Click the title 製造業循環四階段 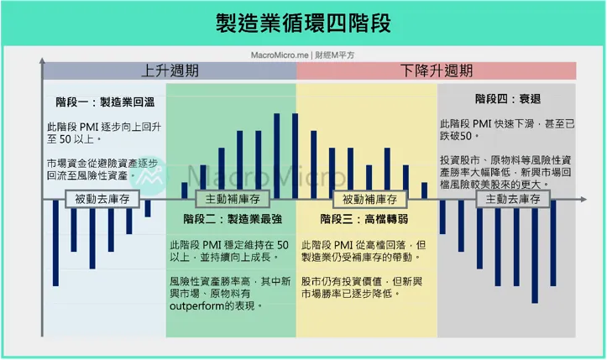coord(303,23)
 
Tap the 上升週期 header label coord(170,70)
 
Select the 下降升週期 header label coord(437,70)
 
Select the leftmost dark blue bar coord(55,243)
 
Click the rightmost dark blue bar coord(553,243)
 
